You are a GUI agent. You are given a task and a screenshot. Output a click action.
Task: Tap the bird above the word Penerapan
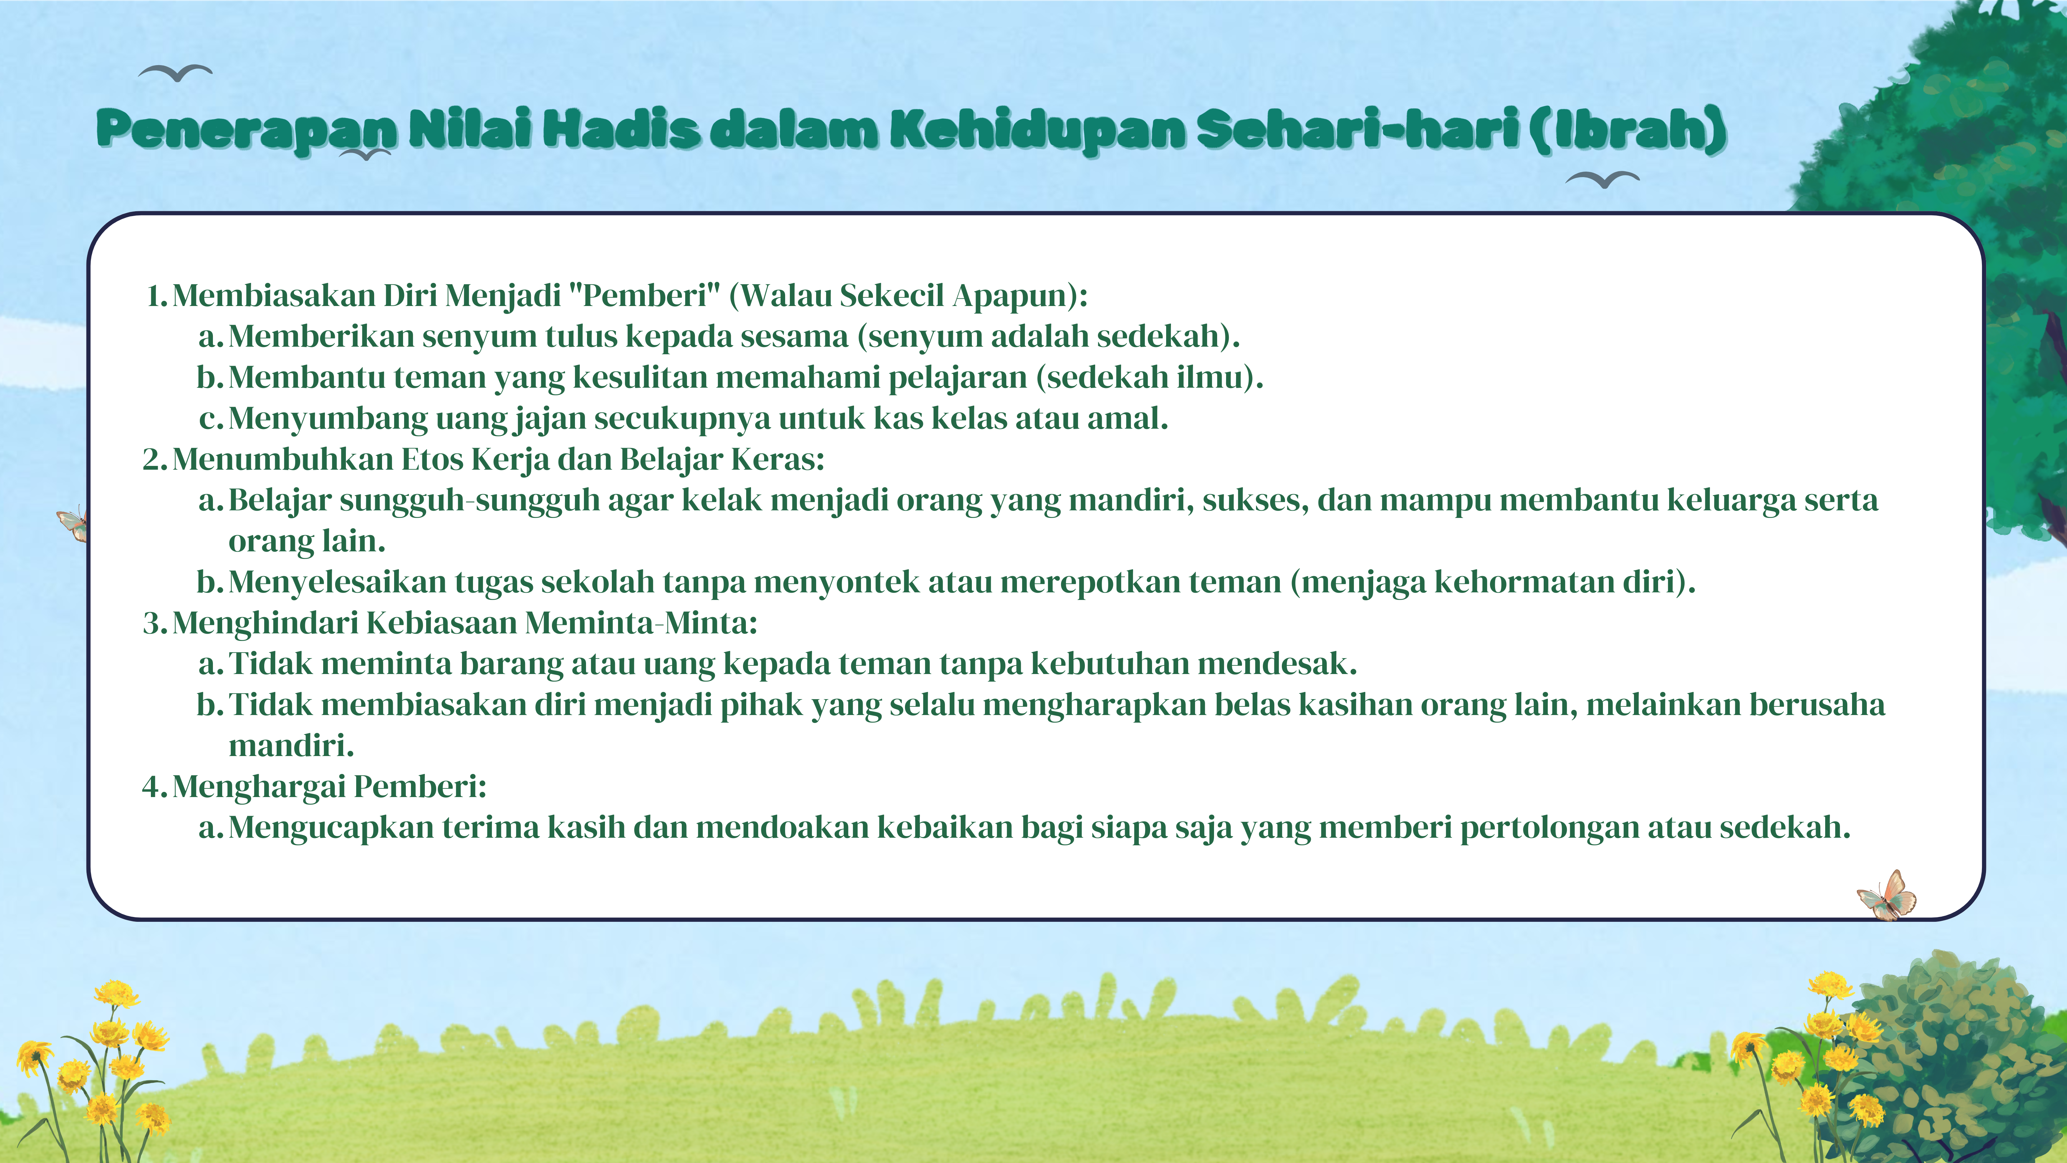pos(176,73)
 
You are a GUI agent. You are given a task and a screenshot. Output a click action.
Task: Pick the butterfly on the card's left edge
pos(73,523)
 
